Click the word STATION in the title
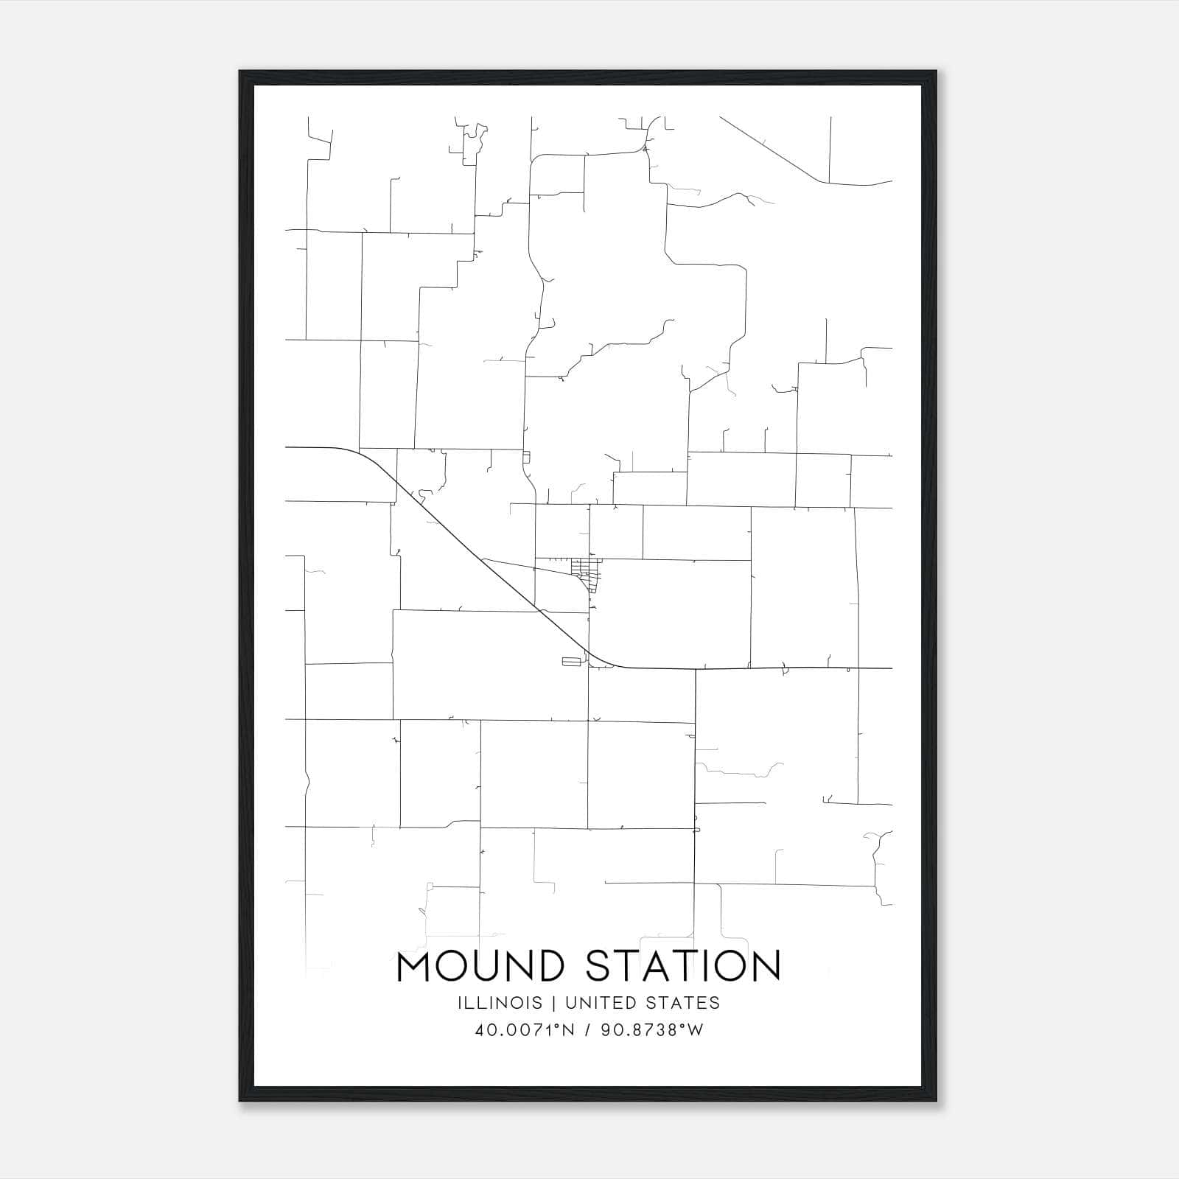point(682,967)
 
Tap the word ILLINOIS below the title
point(500,1003)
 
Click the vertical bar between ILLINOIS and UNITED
point(551,1003)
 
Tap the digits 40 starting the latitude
point(484,1030)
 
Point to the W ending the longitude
point(696,1030)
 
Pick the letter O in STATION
point(730,967)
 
